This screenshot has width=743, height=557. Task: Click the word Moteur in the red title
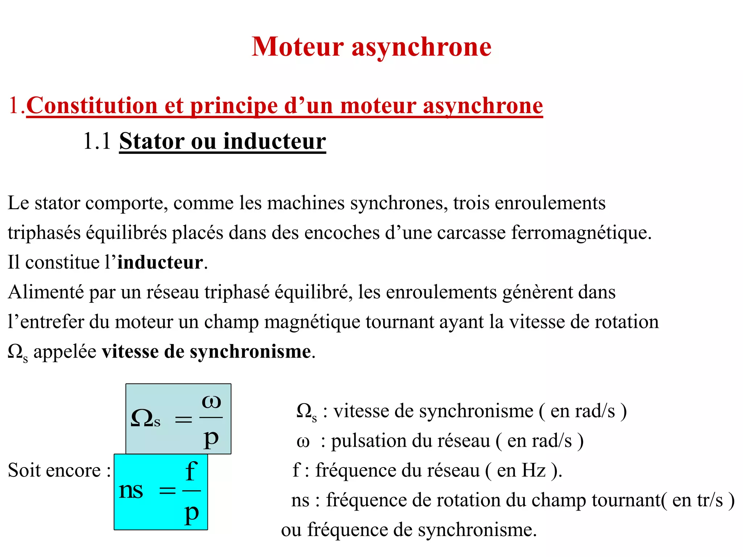(x=297, y=47)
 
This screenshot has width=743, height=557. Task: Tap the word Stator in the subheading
(x=152, y=141)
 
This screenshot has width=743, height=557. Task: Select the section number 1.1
(x=97, y=141)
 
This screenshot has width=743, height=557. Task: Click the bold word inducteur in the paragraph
(x=160, y=262)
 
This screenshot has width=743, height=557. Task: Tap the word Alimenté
(x=46, y=292)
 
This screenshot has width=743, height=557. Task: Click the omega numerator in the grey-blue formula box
(x=211, y=401)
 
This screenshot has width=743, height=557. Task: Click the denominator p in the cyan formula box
(x=192, y=513)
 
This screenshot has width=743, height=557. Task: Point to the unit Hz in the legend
(x=533, y=470)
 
